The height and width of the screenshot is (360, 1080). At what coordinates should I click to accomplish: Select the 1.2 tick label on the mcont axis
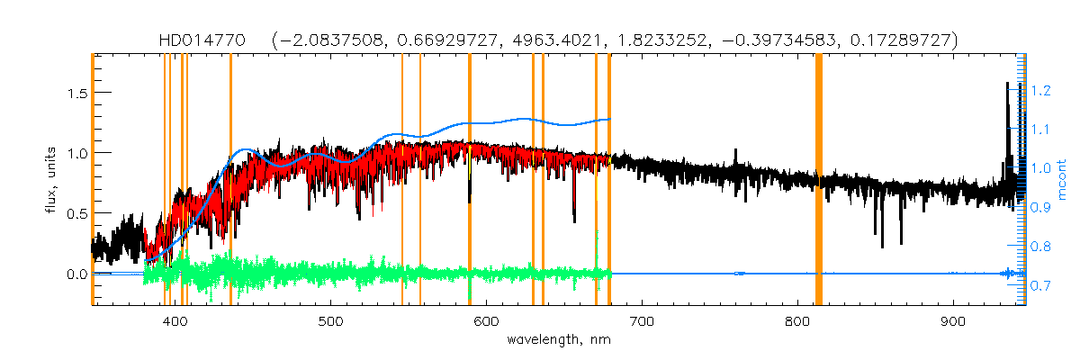pos(1042,91)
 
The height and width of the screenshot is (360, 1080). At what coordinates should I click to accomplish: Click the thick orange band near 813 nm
pos(819,180)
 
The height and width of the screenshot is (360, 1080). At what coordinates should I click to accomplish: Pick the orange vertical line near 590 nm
pos(470,180)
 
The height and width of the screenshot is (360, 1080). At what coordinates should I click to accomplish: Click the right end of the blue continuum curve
pos(610,119)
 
